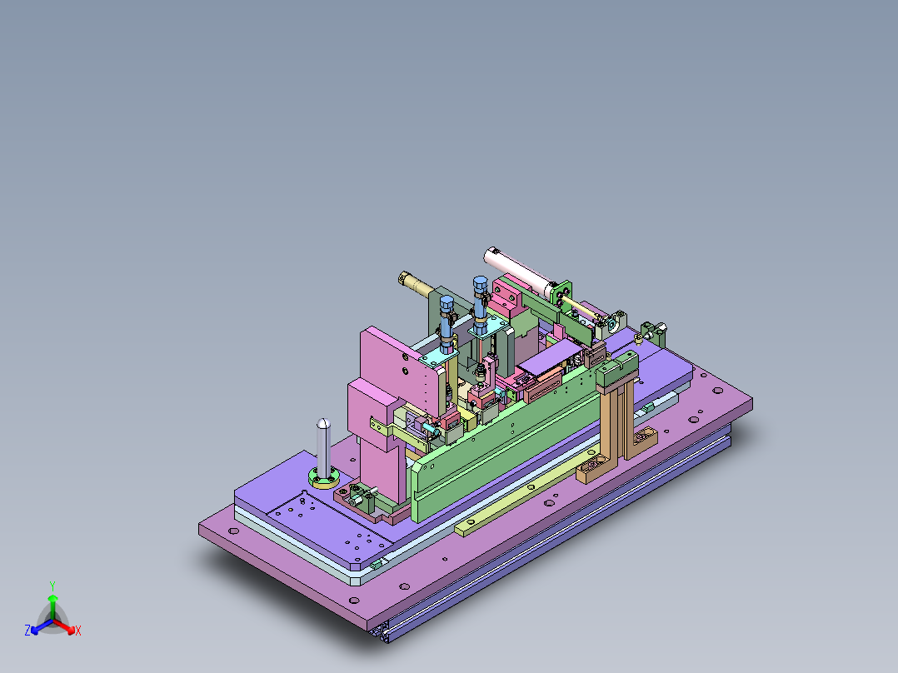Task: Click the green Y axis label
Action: point(52,586)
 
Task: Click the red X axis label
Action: point(78,631)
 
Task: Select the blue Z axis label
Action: point(27,631)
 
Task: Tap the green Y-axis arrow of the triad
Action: point(52,603)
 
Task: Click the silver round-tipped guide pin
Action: point(323,446)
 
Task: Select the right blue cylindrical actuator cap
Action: point(480,285)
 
